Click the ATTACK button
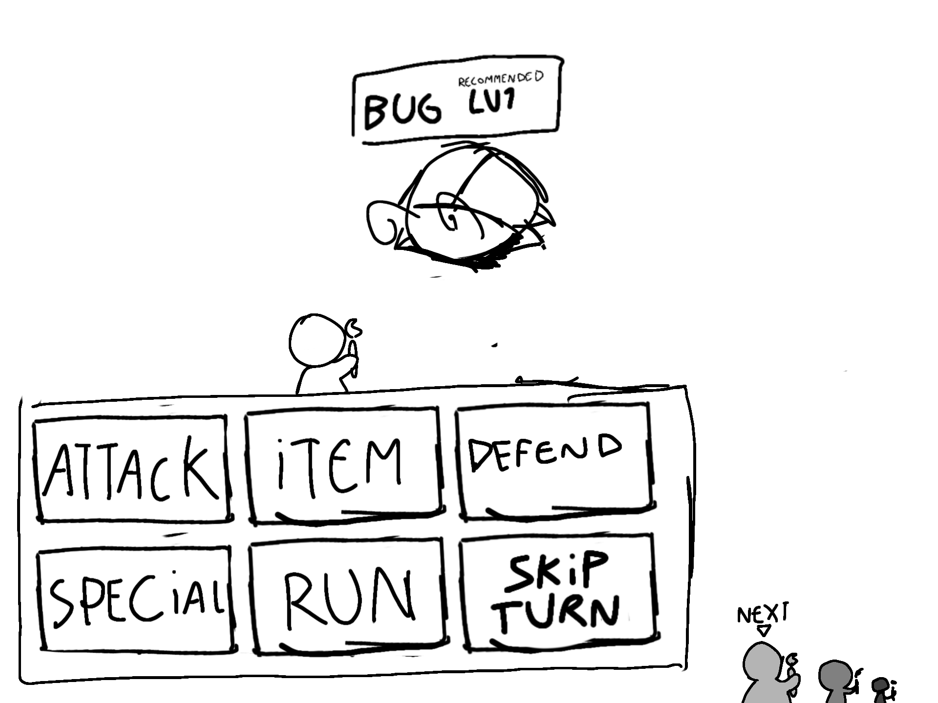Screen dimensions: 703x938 pos(131,470)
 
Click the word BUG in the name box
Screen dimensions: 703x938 pos(402,110)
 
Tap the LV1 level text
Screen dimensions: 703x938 pos(491,103)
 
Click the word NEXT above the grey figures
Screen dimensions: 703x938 pos(762,615)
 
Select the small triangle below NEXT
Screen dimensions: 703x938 pos(763,630)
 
